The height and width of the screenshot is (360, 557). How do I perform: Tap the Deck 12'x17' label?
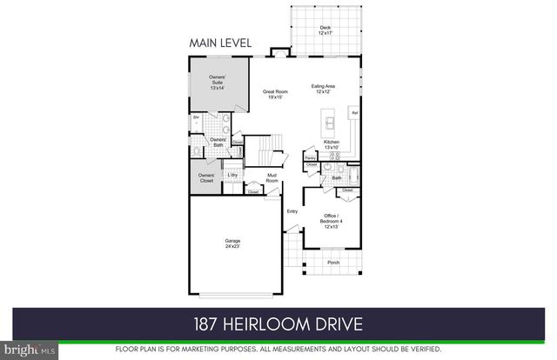[x=325, y=30]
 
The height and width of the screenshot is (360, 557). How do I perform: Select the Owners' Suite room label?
[x=218, y=83]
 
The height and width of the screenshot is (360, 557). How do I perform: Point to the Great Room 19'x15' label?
[x=276, y=94]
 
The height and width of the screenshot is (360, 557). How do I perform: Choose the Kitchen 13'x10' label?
[x=332, y=144]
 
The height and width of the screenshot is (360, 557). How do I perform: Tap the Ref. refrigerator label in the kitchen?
[x=354, y=114]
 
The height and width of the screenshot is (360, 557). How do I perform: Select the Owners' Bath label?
[x=218, y=143]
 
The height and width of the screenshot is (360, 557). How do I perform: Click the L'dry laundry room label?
[x=232, y=176]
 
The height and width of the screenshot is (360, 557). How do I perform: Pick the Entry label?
[x=292, y=210]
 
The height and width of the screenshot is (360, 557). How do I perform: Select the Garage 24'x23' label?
[x=232, y=243]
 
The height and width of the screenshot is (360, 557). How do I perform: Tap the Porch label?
[x=332, y=262]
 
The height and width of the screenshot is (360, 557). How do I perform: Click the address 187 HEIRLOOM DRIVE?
[x=278, y=324]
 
